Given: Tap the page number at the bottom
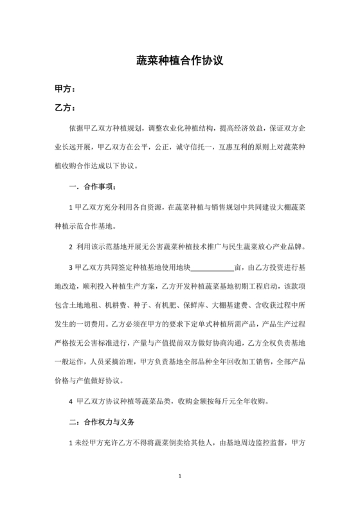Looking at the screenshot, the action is point(180,477).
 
